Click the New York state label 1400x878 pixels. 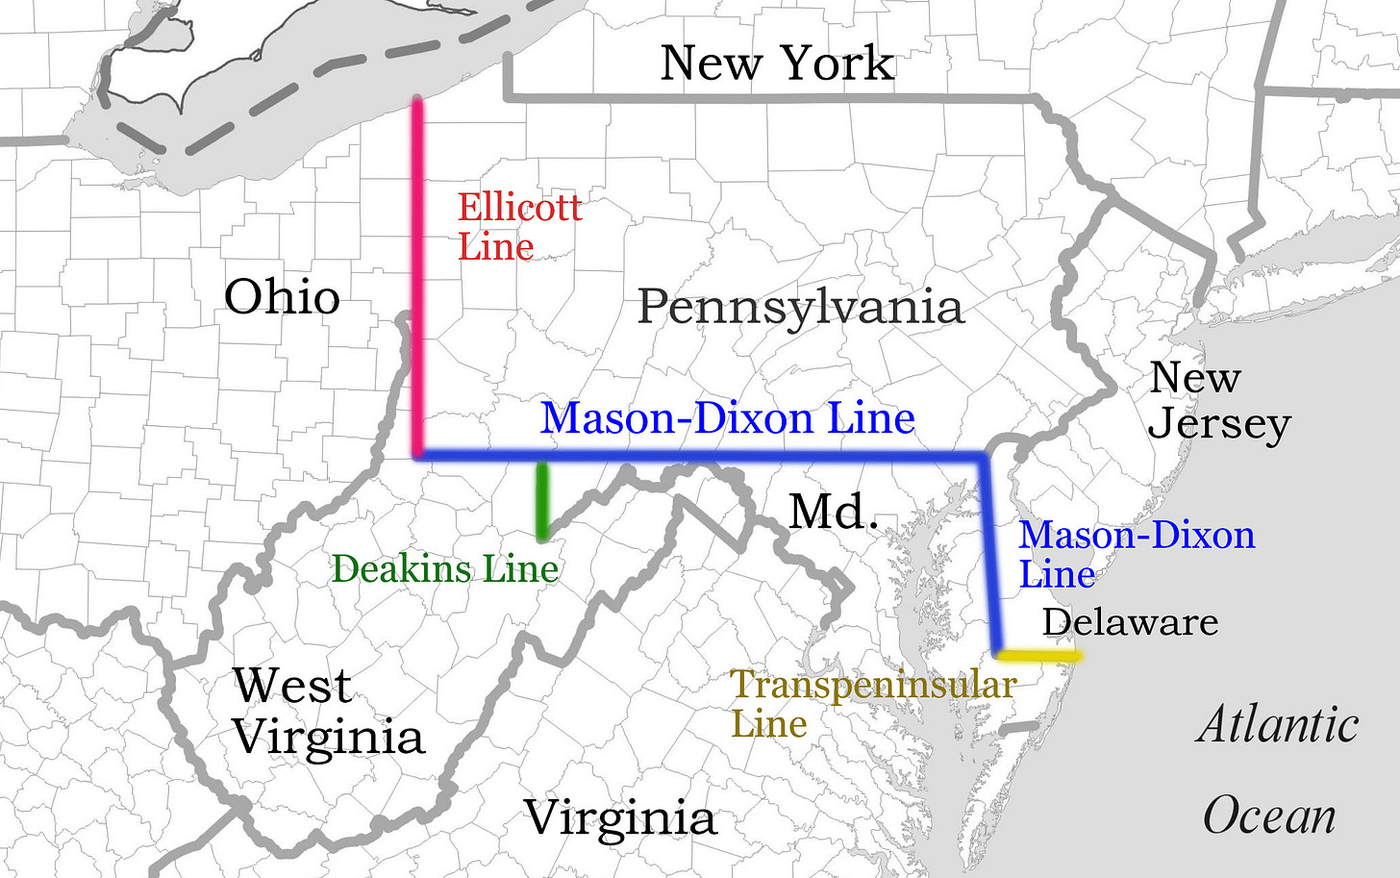click(777, 63)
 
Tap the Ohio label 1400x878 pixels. click(282, 297)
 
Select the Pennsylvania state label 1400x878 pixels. click(800, 308)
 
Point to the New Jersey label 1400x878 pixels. click(1218, 401)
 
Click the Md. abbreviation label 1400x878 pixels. click(834, 512)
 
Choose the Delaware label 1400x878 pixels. click(1130, 622)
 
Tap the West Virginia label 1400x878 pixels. click(328, 713)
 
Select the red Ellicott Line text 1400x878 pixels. click(519, 227)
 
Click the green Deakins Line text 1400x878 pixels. click(444, 569)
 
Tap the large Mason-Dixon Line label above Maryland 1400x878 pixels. click(727, 418)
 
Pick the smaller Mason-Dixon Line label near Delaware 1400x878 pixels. click(1137, 554)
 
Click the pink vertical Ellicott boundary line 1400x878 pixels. click(418, 279)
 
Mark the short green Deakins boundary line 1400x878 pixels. click(542, 500)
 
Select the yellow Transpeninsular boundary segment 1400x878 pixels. click(1038, 656)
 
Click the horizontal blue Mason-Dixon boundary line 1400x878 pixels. click(702, 456)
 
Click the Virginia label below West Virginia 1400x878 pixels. click(620, 819)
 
